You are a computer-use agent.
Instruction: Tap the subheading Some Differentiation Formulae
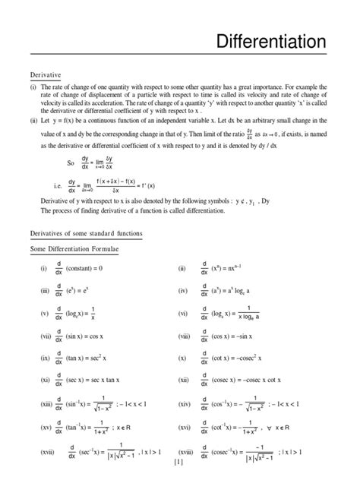coord(74,248)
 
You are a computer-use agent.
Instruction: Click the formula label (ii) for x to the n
coord(182,269)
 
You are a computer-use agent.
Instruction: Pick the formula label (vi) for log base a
coord(182,312)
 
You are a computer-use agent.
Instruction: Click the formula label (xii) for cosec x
coord(183,379)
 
